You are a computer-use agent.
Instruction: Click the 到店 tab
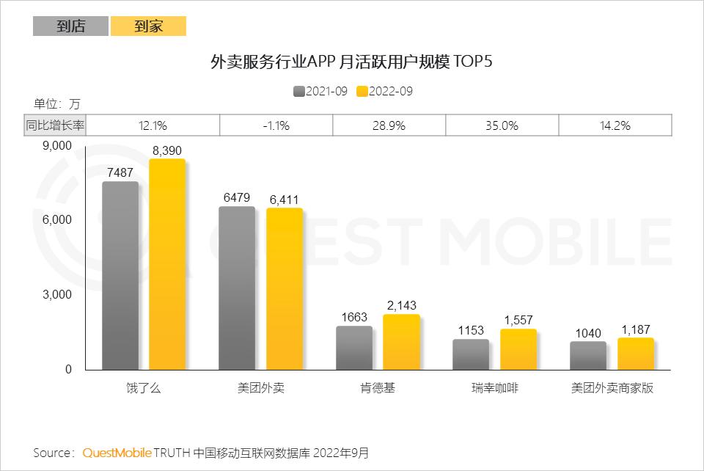click(71, 26)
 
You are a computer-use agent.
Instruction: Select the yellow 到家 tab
click(148, 26)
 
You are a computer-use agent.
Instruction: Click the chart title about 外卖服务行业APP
click(351, 62)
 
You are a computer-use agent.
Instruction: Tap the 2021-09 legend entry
click(320, 92)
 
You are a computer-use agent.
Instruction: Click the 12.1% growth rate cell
click(153, 125)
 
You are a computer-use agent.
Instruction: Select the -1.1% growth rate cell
click(275, 125)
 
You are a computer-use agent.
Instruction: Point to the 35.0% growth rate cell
click(503, 125)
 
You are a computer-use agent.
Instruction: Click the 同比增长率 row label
click(55, 125)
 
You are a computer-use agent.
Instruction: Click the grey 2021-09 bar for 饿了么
click(120, 275)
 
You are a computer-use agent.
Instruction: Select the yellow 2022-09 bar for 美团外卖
click(285, 288)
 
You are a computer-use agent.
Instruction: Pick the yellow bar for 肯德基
click(401, 341)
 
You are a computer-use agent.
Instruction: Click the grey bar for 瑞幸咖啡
click(471, 354)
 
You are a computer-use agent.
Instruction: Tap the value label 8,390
click(167, 150)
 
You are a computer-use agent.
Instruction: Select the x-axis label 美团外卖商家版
click(612, 388)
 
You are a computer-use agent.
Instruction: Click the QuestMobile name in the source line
click(117, 452)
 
